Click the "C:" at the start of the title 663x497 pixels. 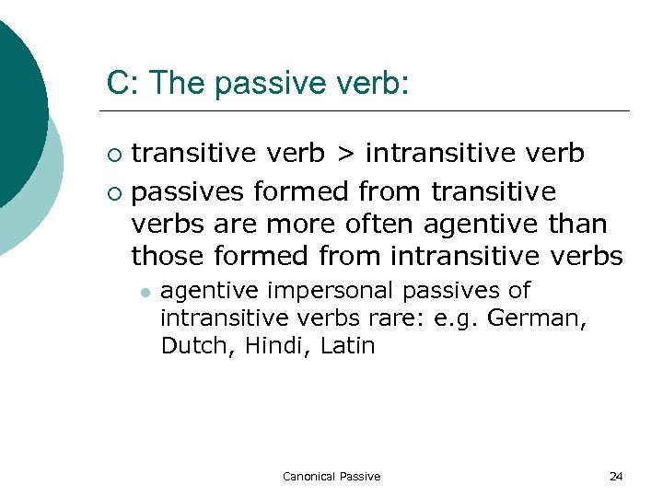coord(122,84)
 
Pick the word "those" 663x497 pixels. coord(169,255)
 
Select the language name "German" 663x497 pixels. coord(548,318)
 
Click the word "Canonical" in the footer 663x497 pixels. coord(309,476)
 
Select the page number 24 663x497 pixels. coord(616,476)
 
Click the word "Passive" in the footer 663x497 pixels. coord(360,476)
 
